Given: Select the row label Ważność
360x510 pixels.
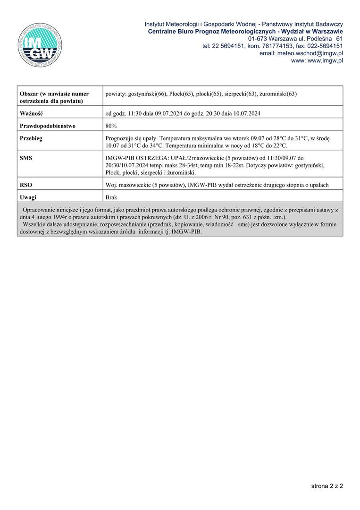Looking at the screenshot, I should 32,114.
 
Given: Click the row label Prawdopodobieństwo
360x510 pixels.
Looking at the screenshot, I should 48,126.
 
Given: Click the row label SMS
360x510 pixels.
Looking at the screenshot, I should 26,158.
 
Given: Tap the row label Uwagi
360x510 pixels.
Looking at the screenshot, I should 28,197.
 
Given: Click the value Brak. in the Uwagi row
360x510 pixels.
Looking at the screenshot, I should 112,197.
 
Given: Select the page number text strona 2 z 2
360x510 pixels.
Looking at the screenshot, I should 327,485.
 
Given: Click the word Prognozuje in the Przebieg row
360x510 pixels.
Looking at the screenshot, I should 120,138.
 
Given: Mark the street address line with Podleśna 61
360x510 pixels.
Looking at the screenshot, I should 295,38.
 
